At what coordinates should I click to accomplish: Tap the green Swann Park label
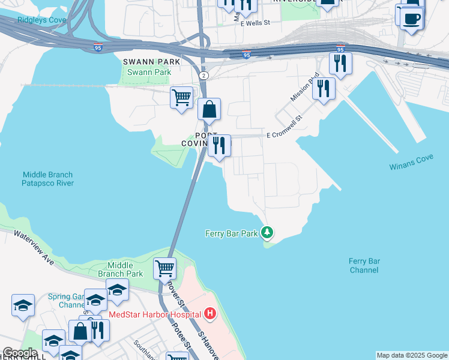tap(148, 73)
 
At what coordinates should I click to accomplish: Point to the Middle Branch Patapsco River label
tap(48, 179)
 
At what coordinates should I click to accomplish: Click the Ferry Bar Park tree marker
tap(267, 233)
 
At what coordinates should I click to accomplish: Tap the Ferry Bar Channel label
tap(364, 265)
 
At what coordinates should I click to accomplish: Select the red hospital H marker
tap(209, 313)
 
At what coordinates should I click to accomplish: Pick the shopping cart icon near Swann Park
tap(181, 97)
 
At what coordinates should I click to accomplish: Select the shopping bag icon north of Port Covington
tap(209, 109)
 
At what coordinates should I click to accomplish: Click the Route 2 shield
tap(204, 76)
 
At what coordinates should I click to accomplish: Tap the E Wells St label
tap(256, 23)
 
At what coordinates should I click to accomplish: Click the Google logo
tap(19, 353)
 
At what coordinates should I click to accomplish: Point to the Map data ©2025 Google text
tap(412, 355)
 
